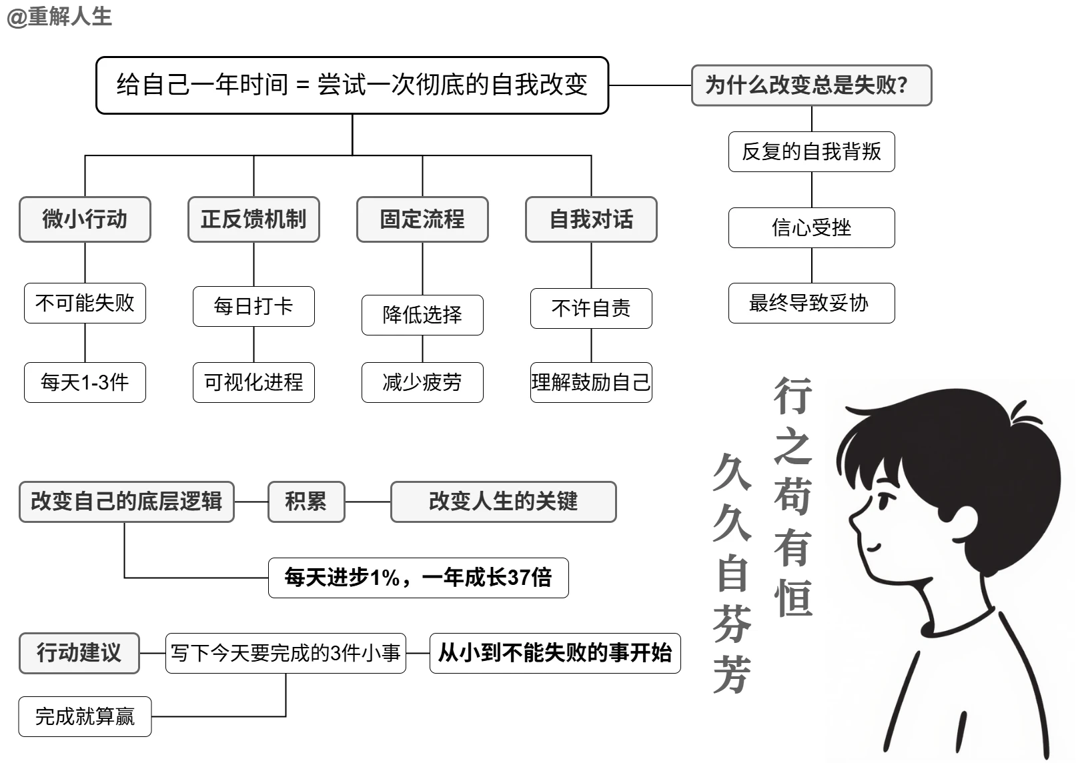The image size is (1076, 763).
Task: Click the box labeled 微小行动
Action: (85, 219)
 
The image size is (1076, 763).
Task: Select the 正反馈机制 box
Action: (253, 219)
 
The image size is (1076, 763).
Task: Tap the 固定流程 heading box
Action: (422, 219)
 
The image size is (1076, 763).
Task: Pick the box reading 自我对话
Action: (591, 219)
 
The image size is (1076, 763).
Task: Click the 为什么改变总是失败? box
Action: (811, 85)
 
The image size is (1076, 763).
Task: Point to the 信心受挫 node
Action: (811, 228)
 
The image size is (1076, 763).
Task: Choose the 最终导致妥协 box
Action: (811, 303)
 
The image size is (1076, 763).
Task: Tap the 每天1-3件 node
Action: (85, 382)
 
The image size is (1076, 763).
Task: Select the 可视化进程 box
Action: (253, 382)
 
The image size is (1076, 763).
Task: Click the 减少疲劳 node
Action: (422, 382)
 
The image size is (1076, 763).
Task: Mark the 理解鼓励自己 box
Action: (591, 382)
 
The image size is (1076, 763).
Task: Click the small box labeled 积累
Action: (306, 502)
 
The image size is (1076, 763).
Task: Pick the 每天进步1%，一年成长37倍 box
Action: (418, 578)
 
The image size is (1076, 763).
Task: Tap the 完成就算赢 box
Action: (85, 717)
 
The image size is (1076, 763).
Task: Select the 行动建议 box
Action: (79, 653)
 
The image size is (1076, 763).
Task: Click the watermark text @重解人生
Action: (59, 17)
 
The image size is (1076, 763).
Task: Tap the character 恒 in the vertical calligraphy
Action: (793, 598)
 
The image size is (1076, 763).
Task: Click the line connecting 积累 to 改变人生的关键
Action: (368, 502)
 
